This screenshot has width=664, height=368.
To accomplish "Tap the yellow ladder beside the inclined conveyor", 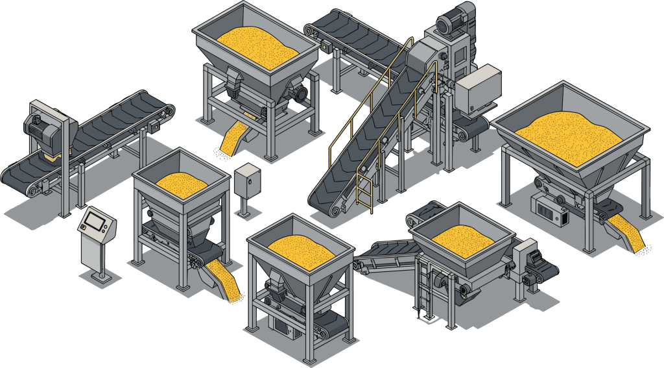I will pyautogui.click(x=365, y=188).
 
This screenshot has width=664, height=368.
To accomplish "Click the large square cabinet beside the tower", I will pyautogui.click(x=477, y=91).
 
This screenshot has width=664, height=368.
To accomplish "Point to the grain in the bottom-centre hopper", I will pyautogui.click(x=301, y=247).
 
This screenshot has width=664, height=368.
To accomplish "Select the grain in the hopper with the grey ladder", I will pyautogui.click(x=462, y=236).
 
